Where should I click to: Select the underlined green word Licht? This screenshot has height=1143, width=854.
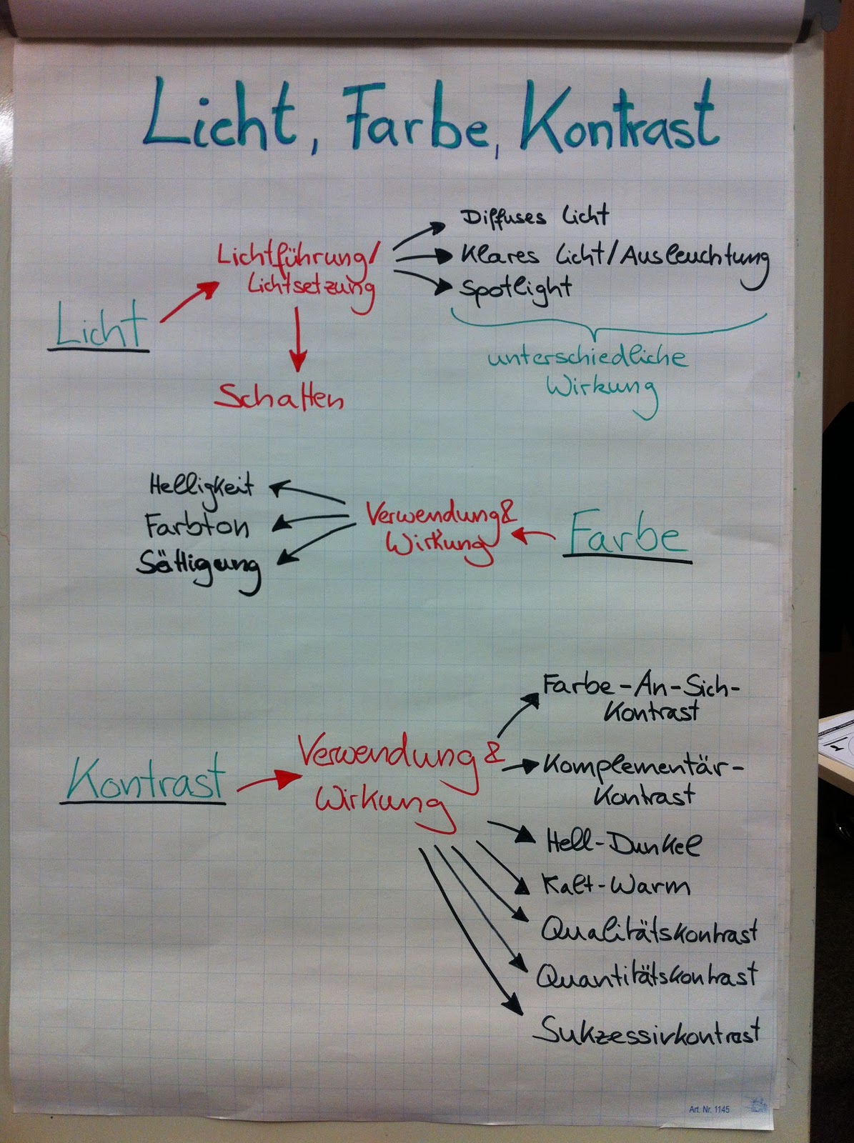(x=100, y=328)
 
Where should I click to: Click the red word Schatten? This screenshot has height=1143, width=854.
(x=279, y=396)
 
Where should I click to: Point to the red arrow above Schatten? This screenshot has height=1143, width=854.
(x=297, y=339)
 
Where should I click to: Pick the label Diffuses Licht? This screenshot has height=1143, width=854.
(x=535, y=216)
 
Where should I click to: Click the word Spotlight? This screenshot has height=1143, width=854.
(x=515, y=288)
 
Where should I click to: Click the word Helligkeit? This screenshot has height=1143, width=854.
(x=202, y=486)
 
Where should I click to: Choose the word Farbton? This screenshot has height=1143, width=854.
(x=197, y=526)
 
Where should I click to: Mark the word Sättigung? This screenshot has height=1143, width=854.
(x=199, y=565)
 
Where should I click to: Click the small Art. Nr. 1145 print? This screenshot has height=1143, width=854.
(x=709, y=1109)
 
